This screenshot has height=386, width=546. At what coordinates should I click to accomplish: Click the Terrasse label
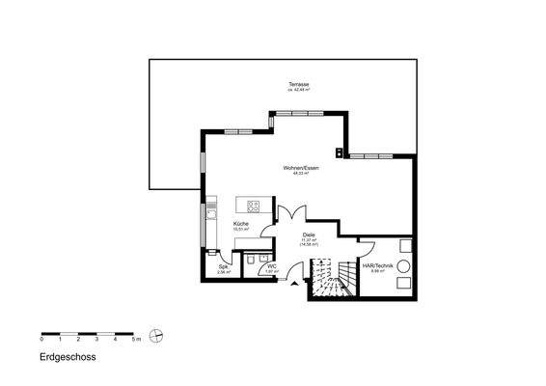pyautogui.click(x=299, y=86)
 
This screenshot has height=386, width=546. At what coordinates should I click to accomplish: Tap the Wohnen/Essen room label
pyautogui.click(x=301, y=167)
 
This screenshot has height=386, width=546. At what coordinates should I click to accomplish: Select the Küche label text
pyautogui.click(x=241, y=225)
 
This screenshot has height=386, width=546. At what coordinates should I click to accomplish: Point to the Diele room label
pyautogui.click(x=309, y=234)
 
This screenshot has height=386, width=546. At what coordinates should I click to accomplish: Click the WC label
pyautogui.click(x=272, y=265)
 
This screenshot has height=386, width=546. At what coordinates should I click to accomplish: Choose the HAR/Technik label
pyautogui.click(x=374, y=265)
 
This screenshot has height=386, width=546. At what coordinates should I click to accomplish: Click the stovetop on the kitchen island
pyautogui.click(x=255, y=206)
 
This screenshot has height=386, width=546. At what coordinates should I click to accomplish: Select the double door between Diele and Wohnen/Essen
pyautogui.click(x=292, y=214)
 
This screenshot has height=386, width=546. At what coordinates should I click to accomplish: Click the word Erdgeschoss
pyautogui.click(x=68, y=356)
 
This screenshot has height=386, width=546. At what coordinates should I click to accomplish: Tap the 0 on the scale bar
pyautogui.click(x=41, y=341)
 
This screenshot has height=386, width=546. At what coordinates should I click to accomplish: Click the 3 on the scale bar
pyautogui.click(x=97, y=341)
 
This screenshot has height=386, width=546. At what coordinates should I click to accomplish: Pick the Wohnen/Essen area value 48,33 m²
pyautogui.click(x=300, y=173)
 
